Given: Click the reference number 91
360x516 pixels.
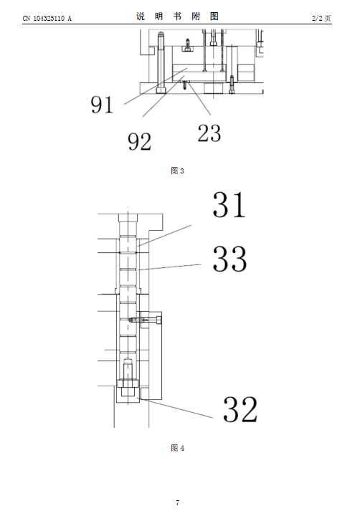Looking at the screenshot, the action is click(102, 105).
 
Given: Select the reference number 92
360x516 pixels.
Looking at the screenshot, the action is click(139, 141).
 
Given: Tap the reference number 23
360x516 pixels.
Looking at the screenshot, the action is click(209, 133).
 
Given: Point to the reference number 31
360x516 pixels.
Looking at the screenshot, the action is click(229, 205).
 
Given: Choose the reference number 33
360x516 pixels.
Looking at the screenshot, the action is click(229, 259).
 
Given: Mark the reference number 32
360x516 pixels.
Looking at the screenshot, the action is click(240, 409).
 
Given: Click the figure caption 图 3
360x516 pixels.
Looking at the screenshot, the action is click(177, 171).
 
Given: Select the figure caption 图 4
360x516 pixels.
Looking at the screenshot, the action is click(178, 448).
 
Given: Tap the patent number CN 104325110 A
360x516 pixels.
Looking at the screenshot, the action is click(47, 19).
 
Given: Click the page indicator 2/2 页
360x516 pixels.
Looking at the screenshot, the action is click(321, 19).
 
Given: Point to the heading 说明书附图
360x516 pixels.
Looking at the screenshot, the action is click(178, 16).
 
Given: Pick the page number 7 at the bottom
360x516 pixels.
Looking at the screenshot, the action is click(178, 502).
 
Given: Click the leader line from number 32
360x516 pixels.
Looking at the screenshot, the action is click(177, 408).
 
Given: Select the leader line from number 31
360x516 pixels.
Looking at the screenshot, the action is click(164, 236).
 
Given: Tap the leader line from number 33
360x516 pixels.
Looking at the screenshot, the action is click(170, 267).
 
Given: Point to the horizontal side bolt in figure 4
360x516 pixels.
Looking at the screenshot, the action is click(145, 320).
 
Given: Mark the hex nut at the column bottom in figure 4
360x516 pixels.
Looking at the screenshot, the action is click(128, 383).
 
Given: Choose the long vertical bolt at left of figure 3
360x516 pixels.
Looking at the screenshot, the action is click(161, 62).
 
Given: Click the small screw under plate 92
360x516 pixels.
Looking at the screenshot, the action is click(185, 85).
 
